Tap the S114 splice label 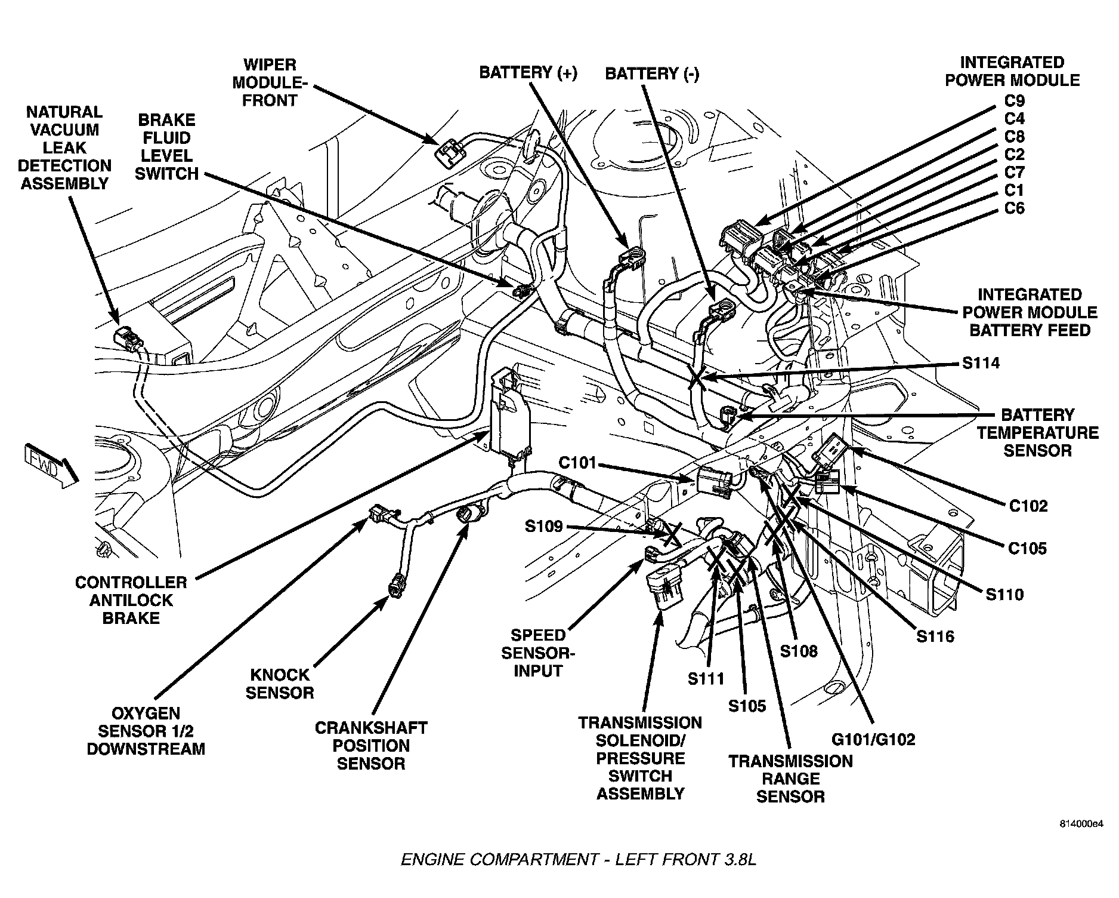pyautogui.click(x=981, y=362)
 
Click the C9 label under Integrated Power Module pyautogui.click(x=1014, y=100)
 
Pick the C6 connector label pyautogui.click(x=1014, y=208)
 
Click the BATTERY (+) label pyautogui.click(x=528, y=73)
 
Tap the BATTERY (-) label pyautogui.click(x=652, y=74)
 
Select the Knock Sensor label pyautogui.click(x=280, y=684)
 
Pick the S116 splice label pyautogui.click(x=935, y=636)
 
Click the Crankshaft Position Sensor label pyautogui.click(x=371, y=745)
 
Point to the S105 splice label pyautogui.click(x=747, y=706)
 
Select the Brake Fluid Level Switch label pyautogui.click(x=166, y=147)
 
